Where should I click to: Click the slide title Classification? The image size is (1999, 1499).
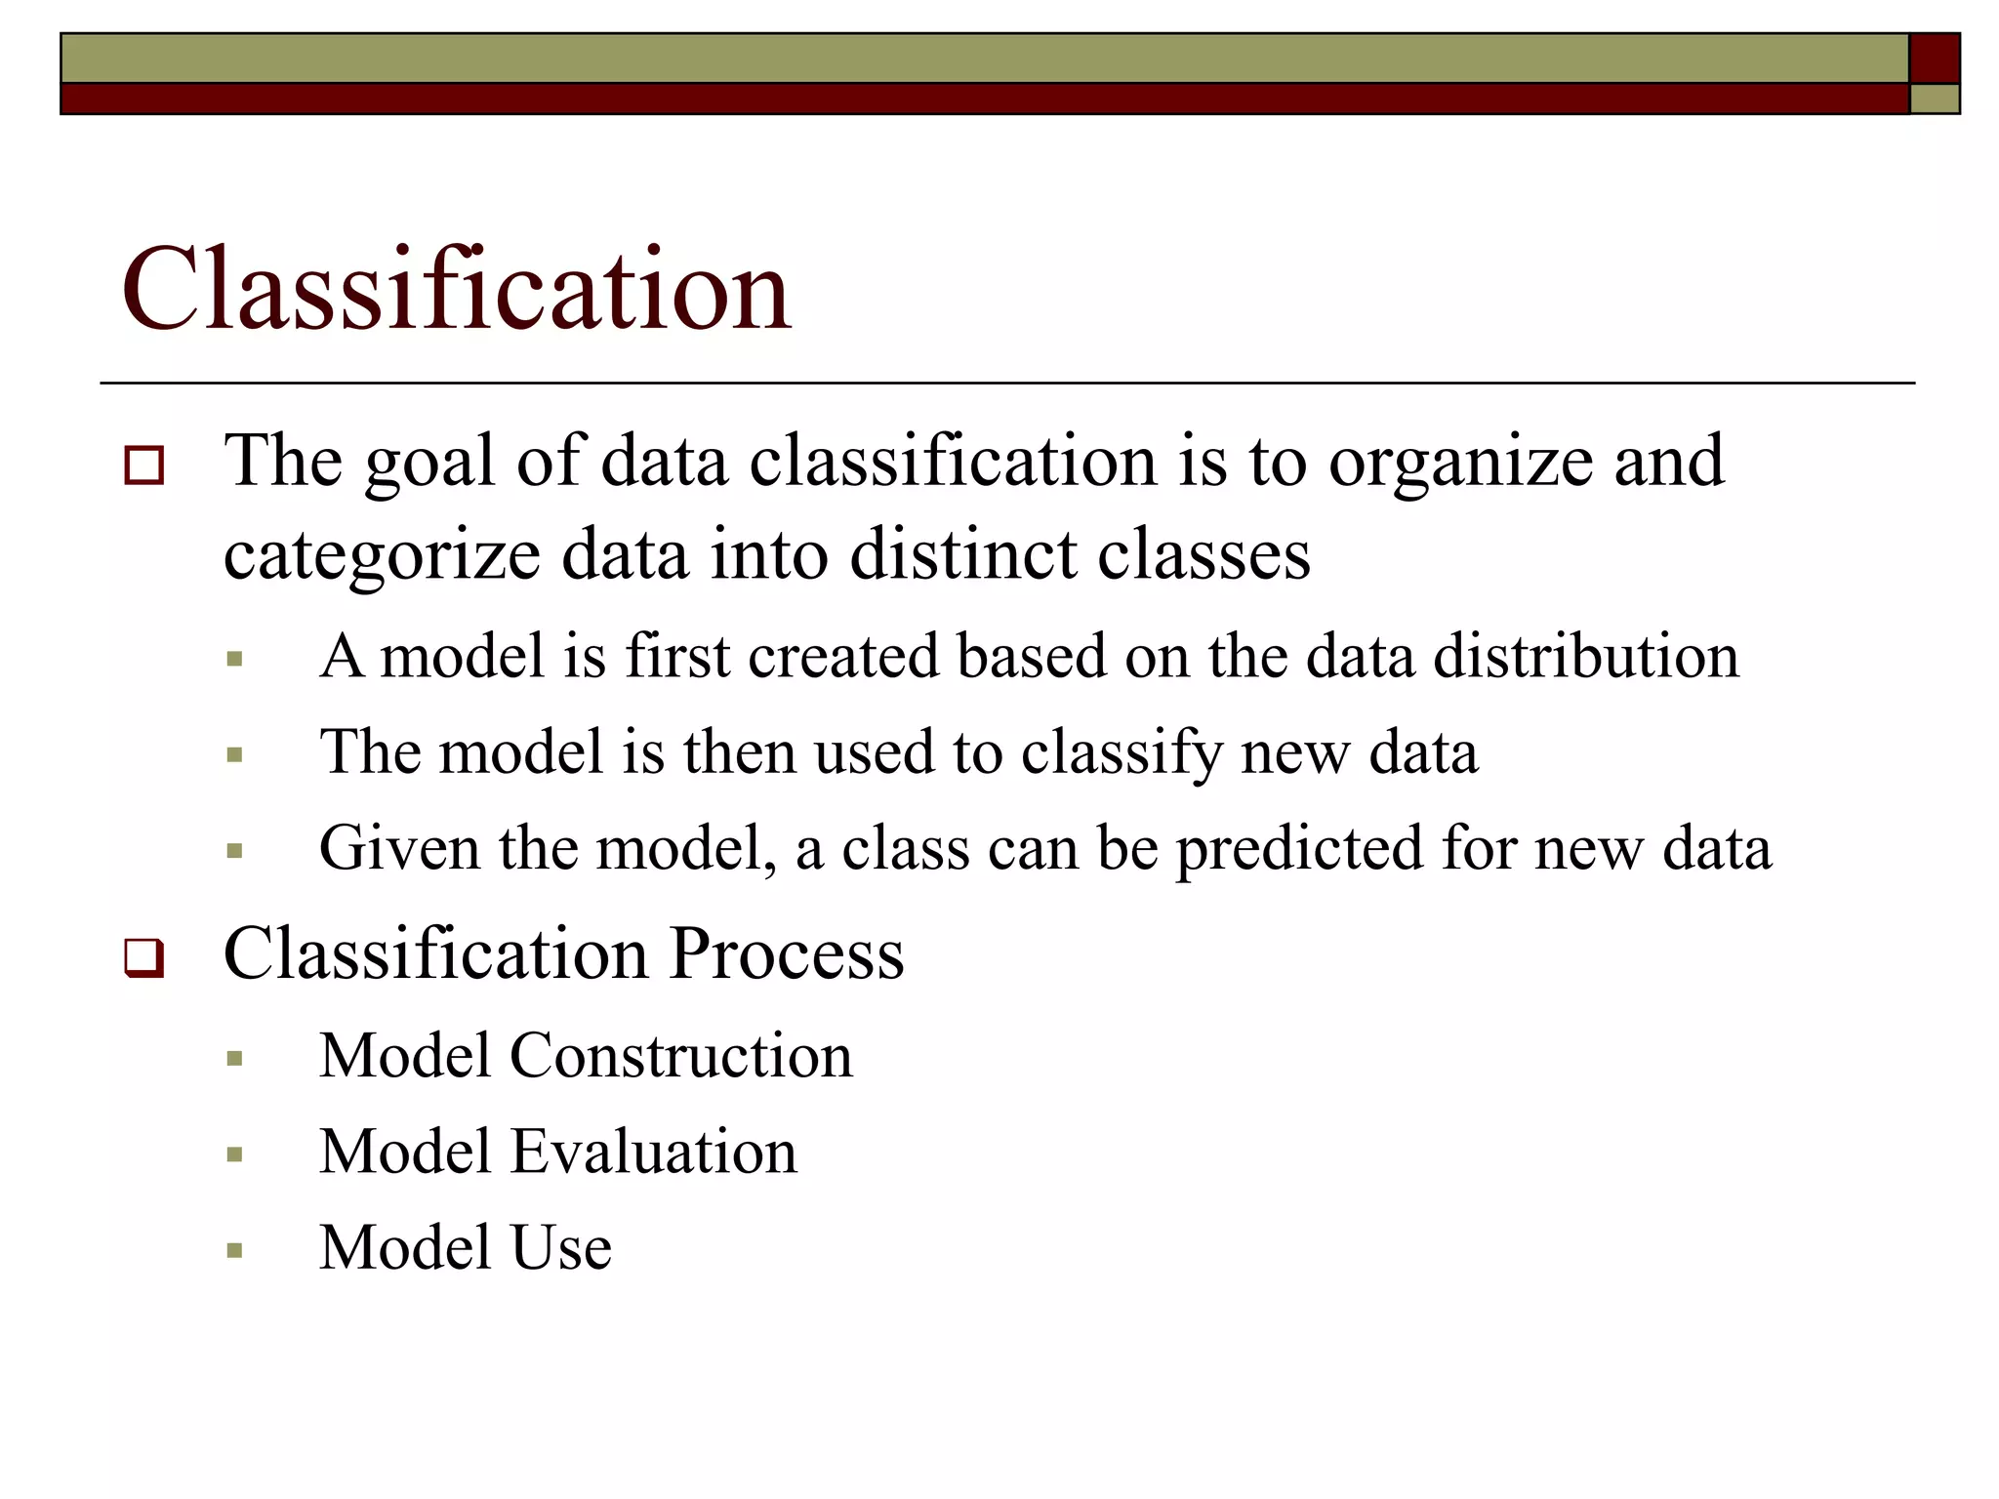coord(456,290)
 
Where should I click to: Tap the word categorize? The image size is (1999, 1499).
coord(382,557)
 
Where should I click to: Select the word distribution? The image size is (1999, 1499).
coord(1586,656)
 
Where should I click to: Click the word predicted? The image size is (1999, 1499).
coord(1298,849)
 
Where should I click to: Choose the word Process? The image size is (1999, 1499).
coord(788,953)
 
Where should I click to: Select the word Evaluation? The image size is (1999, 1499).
coord(654,1153)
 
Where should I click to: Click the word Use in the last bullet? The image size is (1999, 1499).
coord(561,1248)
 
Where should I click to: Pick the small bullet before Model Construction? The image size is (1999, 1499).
coord(234,1059)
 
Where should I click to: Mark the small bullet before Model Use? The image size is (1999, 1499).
coord(234,1251)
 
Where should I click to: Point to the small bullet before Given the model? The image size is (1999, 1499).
coord(234,851)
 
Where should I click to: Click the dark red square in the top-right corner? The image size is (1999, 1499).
coord(1934,59)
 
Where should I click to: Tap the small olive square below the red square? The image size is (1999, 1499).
coord(1934,100)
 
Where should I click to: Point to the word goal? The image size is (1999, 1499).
coord(428,464)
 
